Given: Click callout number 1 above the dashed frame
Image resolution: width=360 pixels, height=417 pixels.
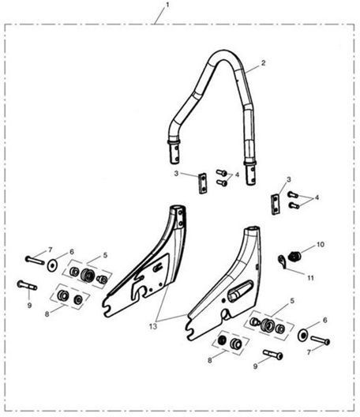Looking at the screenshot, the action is [167, 5].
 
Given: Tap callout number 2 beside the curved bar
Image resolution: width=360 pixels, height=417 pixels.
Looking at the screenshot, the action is [263, 63].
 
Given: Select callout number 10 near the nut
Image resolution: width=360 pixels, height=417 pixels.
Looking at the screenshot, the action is [321, 244].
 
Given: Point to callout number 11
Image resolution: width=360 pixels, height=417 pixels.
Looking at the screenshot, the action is [310, 278].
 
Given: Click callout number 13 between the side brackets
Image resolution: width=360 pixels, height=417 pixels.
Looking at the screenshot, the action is [153, 326].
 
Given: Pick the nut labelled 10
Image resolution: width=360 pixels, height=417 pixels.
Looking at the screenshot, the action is [294, 256].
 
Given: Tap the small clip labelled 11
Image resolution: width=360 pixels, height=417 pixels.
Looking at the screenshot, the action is [282, 261].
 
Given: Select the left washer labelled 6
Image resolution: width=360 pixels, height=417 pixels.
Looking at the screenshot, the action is [52, 265].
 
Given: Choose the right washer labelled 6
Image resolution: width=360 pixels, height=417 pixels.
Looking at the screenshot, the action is [302, 336].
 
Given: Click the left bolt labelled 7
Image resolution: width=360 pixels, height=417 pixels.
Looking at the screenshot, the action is [35, 260].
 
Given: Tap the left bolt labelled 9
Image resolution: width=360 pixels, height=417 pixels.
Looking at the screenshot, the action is [27, 285].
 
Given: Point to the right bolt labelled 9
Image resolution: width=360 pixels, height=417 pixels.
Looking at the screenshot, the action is [273, 355].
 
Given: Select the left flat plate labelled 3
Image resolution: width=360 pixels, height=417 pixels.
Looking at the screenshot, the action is [203, 183].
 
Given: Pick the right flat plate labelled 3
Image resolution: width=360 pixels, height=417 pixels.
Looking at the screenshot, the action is [276, 204].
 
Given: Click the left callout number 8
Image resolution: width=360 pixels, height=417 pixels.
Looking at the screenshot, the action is [47, 314].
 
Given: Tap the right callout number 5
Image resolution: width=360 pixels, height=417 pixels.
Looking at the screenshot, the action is [292, 301].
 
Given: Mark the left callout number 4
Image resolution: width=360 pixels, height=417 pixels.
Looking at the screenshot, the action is [237, 175].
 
